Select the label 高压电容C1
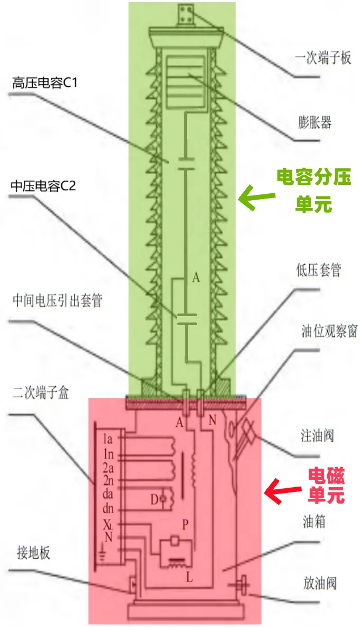pos(45,84)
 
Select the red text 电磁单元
pos(327,486)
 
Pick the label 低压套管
pos(319,271)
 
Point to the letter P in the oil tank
pos(185,524)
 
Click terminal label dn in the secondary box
pos(109,508)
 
